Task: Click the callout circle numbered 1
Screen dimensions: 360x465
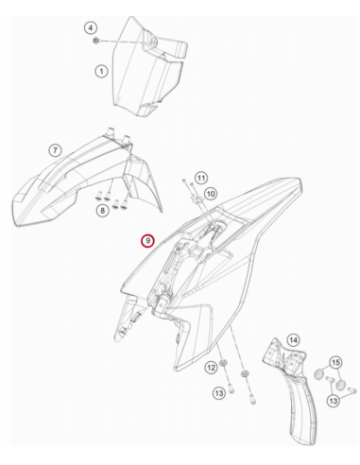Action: tap(101, 71)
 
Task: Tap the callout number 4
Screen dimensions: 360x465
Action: tap(91, 28)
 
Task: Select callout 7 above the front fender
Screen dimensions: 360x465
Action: tap(55, 150)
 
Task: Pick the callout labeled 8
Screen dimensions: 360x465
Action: tap(102, 210)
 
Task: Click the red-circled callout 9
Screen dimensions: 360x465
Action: tap(147, 241)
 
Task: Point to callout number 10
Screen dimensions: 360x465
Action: tap(211, 194)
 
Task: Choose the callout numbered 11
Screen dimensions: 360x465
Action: tap(201, 178)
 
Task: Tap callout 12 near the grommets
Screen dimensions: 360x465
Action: tap(211, 368)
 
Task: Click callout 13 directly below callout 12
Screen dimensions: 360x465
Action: tap(219, 393)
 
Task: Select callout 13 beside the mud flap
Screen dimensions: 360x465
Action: tap(334, 401)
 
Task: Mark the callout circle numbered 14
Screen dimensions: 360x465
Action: tap(293, 340)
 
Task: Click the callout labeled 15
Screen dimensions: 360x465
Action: tap(335, 362)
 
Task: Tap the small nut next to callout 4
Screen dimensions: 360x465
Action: tap(96, 41)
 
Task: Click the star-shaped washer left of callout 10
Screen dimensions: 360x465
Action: tap(197, 198)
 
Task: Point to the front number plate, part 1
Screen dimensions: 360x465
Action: tap(148, 66)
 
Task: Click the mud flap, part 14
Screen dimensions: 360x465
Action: tap(291, 390)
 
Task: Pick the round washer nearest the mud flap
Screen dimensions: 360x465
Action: tap(318, 374)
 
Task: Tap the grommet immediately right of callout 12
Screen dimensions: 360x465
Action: tap(223, 363)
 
